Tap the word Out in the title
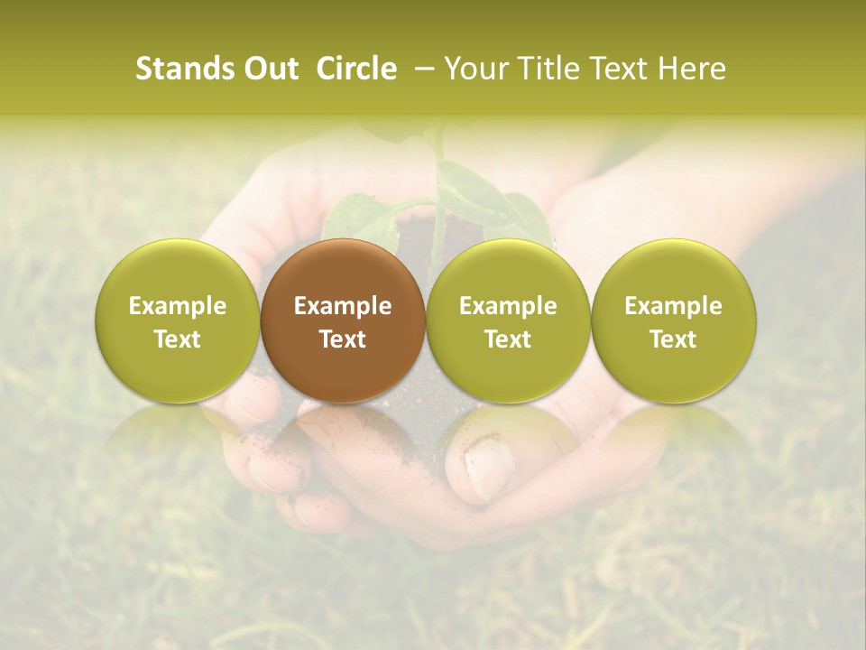268,69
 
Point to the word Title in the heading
545,69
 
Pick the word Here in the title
691,69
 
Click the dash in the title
420,69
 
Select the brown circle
343,320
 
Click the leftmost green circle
177,320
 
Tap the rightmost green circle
674,320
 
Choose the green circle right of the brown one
508,320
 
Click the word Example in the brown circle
343,306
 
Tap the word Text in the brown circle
343,339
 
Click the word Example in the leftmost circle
177,306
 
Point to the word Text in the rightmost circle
674,339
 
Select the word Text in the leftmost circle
177,339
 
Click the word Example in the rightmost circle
674,306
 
